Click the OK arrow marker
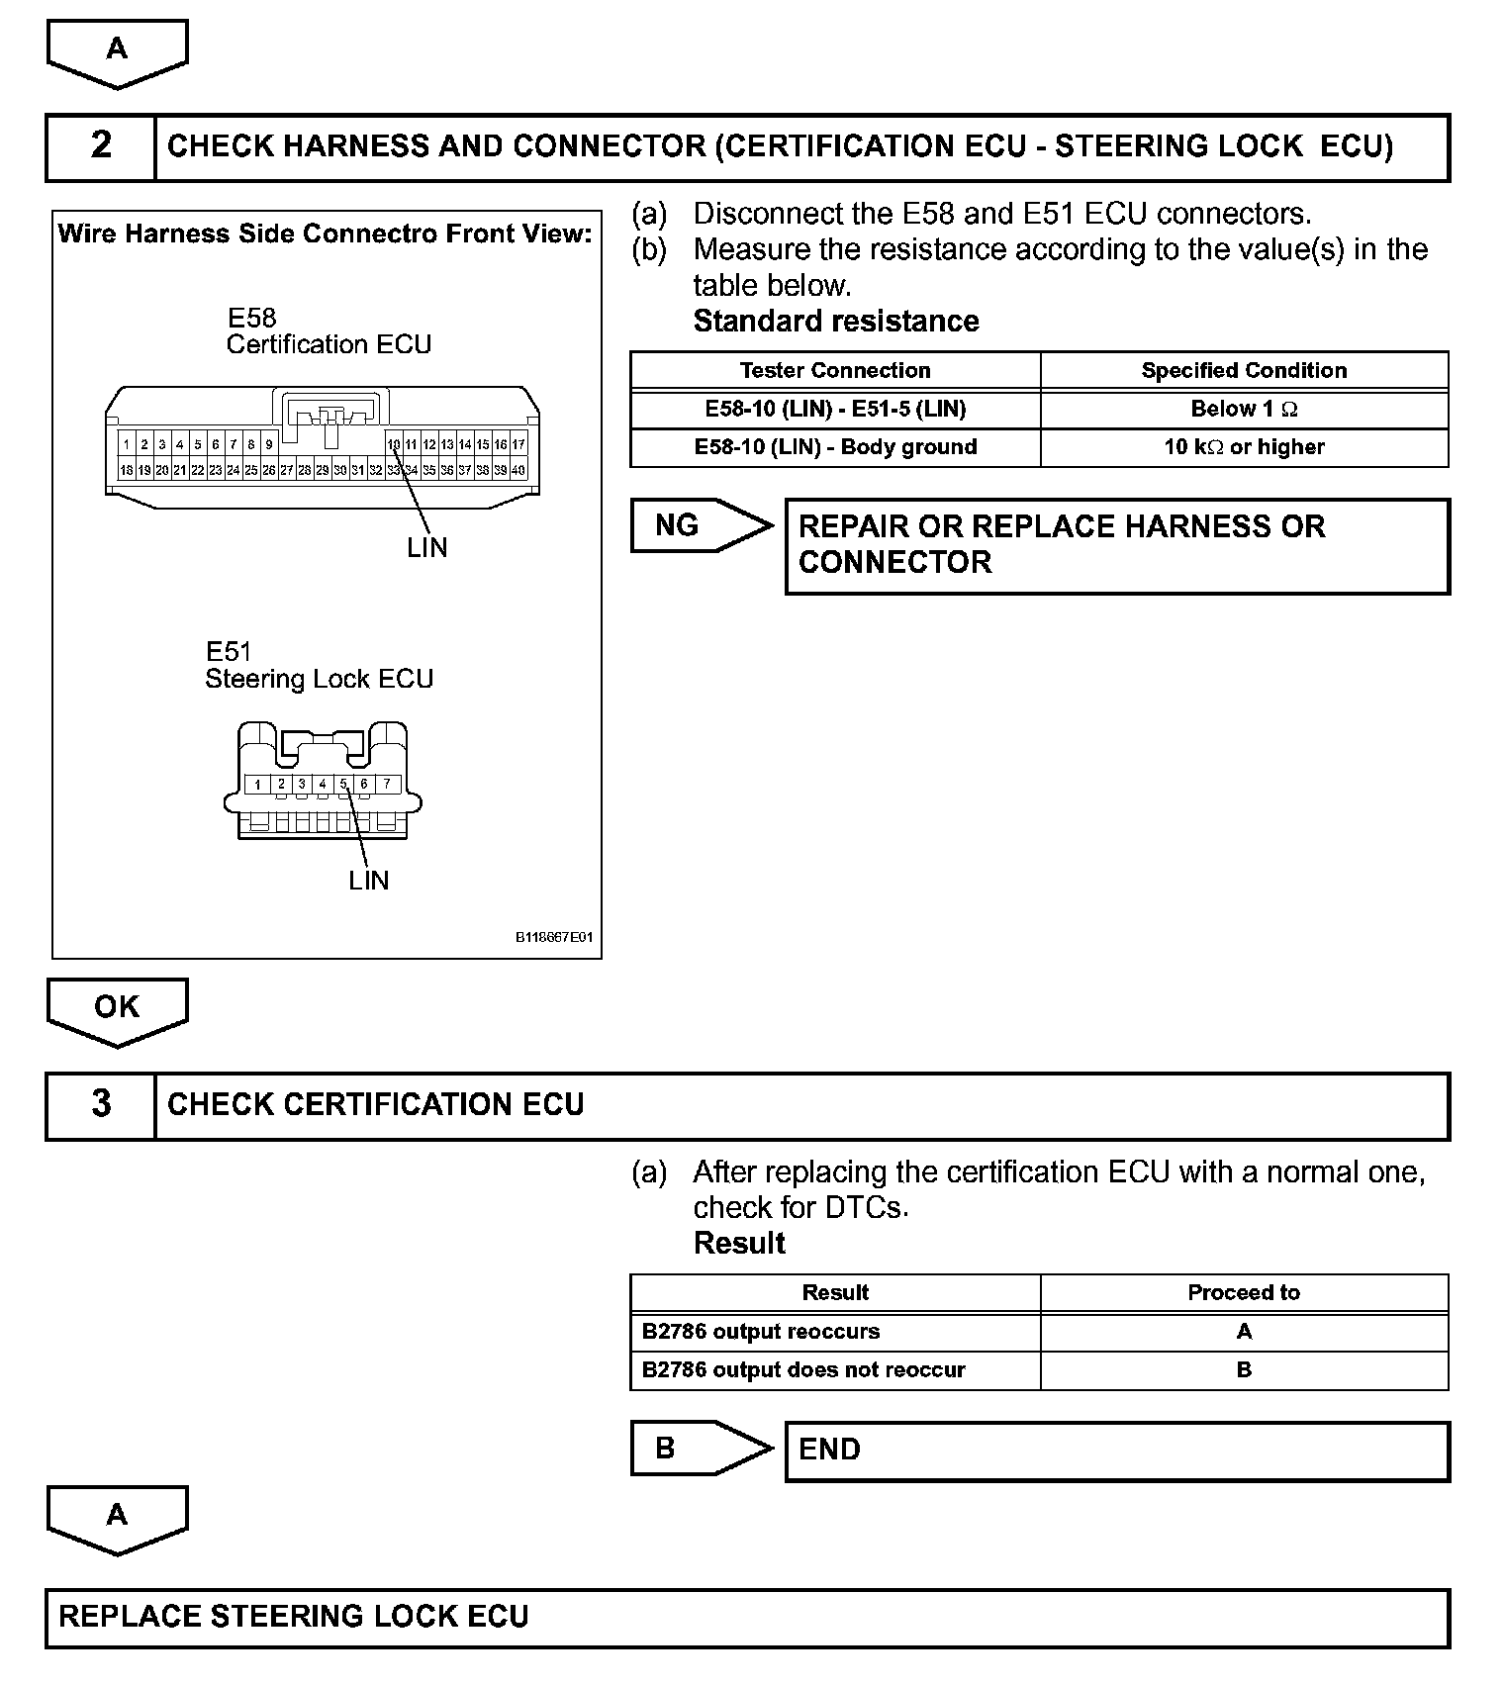(117, 1009)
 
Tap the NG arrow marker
(699, 525)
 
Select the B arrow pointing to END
(699, 1449)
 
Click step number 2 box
(101, 146)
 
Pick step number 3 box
(101, 1105)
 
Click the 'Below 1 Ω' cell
(1244, 409)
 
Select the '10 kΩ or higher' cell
(1244, 447)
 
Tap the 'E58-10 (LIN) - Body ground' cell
(835, 447)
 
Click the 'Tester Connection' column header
(835, 370)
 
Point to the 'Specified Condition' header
(1244, 370)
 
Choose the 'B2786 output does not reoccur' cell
(803, 1370)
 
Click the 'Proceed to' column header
(1244, 1292)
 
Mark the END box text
(829, 1450)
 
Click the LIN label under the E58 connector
(427, 547)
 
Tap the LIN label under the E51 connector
(369, 881)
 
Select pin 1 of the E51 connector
(257, 785)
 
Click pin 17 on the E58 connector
(518, 445)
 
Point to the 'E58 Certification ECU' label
(329, 331)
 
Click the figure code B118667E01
(553, 937)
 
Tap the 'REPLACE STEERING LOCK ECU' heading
(294, 1617)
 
